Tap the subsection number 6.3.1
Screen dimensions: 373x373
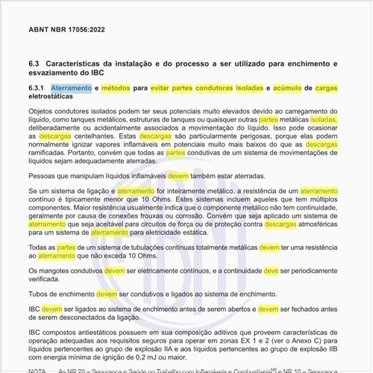click(37, 88)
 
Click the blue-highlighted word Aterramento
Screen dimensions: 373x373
click(71, 88)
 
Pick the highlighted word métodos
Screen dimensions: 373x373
click(116, 88)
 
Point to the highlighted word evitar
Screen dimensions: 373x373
click(158, 88)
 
